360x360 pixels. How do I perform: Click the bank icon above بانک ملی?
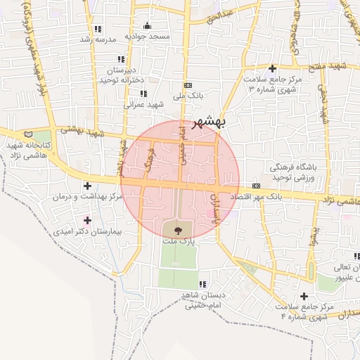[187, 84]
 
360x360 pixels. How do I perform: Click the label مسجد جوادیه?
[145, 36]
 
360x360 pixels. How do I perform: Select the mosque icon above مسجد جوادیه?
[147, 25]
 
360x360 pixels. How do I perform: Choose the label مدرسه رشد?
[96, 39]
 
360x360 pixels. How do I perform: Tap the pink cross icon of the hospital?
[86, 221]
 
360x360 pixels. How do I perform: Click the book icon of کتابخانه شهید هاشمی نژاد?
[29, 134]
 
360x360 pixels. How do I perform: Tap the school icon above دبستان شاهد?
[202, 285]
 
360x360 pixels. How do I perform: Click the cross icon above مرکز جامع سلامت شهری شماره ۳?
[271, 68]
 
